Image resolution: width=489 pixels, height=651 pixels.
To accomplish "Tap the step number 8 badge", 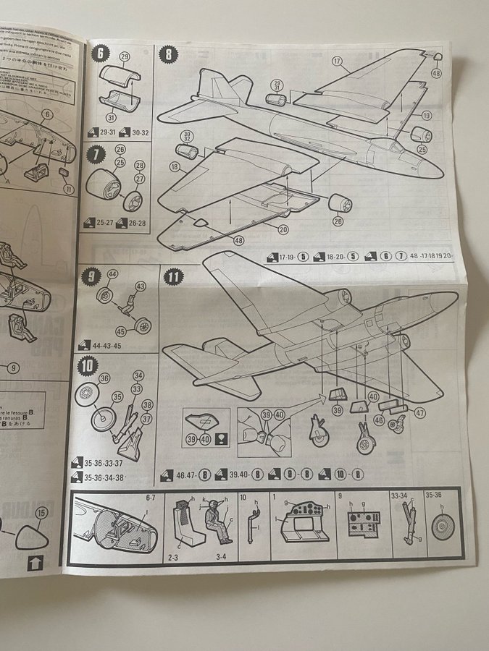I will point(169,54).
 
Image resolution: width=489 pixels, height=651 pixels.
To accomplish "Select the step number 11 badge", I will point(174,277).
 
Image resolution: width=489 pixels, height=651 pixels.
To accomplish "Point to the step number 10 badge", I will point(88,365).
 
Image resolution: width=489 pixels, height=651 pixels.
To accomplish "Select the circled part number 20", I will point(282,230).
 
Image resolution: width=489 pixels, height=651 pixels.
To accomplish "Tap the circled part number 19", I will point(426,115).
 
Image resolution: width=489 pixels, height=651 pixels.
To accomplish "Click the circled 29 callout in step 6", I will point(124,56).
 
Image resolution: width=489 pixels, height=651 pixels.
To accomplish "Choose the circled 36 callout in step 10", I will point(104,378).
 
